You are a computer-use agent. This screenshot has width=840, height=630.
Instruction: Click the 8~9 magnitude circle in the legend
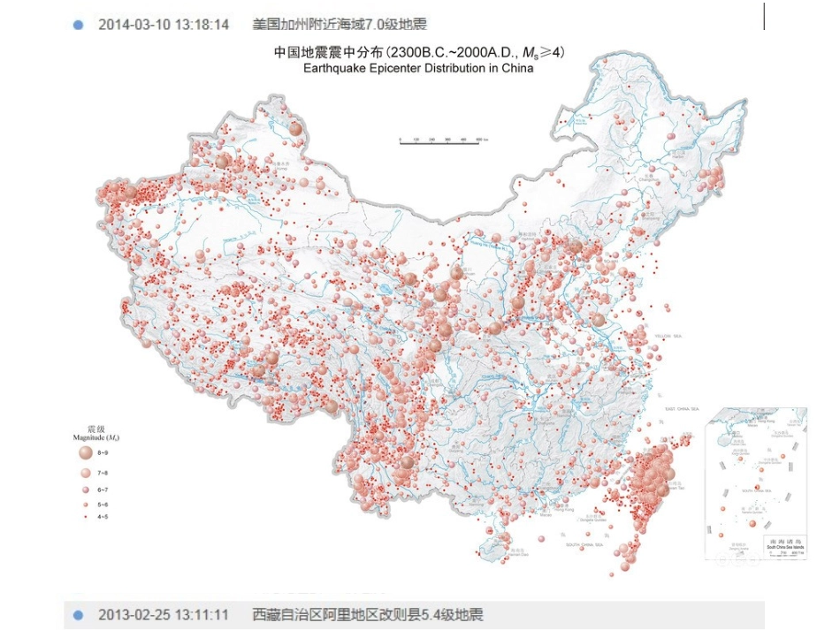[x=84, y=452]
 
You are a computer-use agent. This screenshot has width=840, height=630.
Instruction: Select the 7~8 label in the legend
[x=103, y=474]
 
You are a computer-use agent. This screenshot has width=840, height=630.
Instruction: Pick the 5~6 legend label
[x=103, y=504]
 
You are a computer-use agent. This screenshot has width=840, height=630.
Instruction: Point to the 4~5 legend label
[x=103, y=516]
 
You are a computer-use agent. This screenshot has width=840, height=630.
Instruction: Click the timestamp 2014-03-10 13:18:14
[x=163, y=25]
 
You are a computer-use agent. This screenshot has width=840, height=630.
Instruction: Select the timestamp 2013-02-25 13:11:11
[x=163, y=615]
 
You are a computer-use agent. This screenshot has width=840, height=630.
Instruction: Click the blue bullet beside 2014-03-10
[x=78, y=25]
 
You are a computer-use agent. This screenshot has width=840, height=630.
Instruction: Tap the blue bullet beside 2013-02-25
[x=78, y=615]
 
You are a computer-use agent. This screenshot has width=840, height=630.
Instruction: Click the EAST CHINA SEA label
[x=682, y=409]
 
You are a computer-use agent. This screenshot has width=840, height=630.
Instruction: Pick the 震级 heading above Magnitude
[x=84, y=429]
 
